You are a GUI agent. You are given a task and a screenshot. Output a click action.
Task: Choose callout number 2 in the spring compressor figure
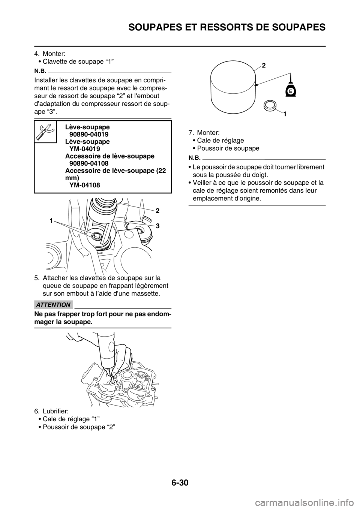158,211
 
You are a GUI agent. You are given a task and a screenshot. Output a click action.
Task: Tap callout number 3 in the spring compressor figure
158,226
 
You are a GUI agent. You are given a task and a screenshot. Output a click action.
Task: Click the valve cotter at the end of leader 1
97,236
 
